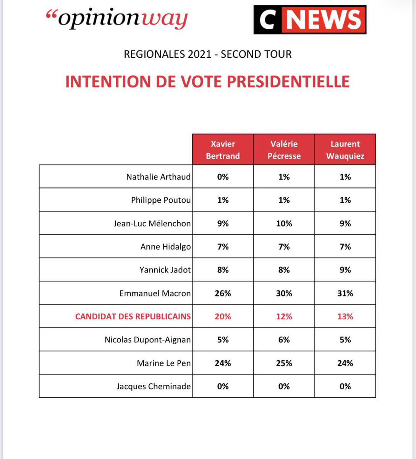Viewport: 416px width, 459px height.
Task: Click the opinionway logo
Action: tap(117, 20)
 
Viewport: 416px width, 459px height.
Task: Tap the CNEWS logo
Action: tap(310, 20)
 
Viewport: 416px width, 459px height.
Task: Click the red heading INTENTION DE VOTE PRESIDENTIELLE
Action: tap(207, 82)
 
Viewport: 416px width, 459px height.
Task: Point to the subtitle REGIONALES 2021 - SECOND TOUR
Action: tap(207, 54)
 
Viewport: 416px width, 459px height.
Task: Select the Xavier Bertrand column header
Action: tap(223, 150)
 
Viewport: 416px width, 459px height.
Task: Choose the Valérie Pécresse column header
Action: tap(284, 150)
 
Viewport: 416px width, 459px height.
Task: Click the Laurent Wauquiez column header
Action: tap(345, 150)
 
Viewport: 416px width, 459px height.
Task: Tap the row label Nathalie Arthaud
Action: tap(158, 177)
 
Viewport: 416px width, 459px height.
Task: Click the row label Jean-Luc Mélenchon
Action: tap(152, 223)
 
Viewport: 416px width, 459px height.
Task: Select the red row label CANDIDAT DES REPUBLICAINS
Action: tap(133, 316)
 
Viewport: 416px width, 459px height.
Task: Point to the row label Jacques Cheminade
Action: tap(154, 386)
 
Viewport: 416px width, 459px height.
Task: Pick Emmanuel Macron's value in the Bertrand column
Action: tap(223, 293)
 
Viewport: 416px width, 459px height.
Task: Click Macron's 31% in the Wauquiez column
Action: tap(345, 293)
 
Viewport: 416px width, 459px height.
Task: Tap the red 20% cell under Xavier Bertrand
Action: tap(223, 316)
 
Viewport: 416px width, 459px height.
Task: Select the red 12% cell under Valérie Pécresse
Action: tap(284, 316)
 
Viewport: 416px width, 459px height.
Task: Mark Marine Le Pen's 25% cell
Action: tap(284, 363)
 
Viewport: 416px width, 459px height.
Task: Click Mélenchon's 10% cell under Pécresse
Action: tap(284, 223)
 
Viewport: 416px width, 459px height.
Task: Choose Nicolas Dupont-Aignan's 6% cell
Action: tap(284, 340)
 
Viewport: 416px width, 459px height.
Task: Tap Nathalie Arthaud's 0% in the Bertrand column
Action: tap(223, 177)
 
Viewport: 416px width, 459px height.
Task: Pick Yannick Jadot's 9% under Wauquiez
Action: tap(345, 270)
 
